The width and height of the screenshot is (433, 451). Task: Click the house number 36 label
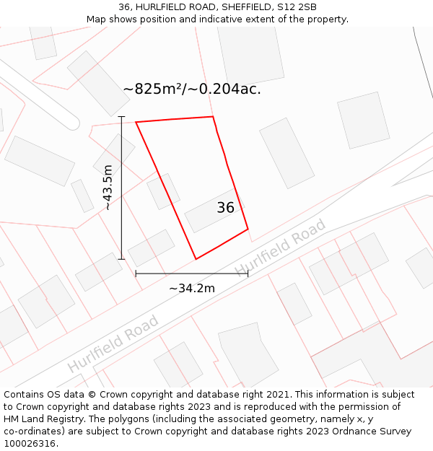click(x=225, y=208)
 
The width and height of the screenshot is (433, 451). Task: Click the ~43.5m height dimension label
click(x=108, y=188)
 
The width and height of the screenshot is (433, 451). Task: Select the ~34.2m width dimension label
click(x=192, y=289)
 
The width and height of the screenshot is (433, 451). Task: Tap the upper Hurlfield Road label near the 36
click(x=281, y=248)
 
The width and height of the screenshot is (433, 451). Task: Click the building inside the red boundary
click(x=213, y=211)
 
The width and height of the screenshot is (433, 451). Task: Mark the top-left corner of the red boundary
click(x=136, y=122)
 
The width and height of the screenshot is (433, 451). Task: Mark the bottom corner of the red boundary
click(x=196, y=259)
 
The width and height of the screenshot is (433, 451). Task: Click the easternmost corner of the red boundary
click(x=248, y=230)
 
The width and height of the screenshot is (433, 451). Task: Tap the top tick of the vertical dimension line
click(x=121, y=117)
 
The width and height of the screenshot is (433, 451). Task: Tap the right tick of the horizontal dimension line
click(x=248, y=273)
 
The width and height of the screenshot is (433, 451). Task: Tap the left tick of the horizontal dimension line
click(x=136, y=273)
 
